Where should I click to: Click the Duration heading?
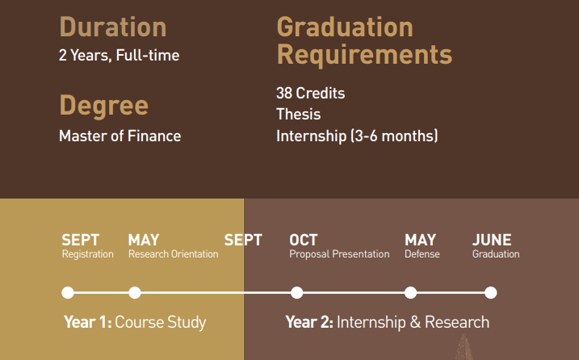click(x=113, y=27)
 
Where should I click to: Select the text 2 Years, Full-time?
click(x=119, y=56)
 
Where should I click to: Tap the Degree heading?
click(x=103, y=106)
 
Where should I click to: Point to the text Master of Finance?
click(x=120, y=136)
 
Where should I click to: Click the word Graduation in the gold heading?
click(x=345, y=27)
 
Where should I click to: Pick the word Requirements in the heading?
click(x=364, y=56)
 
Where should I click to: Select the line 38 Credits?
click(x=311, y=93)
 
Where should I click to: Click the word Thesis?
click(x=298, y=114)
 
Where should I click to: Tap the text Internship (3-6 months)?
click(x=357, y=136)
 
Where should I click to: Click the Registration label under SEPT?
click(x=87, y=254)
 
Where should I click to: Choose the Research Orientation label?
click(x=173, y=254)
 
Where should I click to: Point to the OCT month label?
click(x=303, y=240)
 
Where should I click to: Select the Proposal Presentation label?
click(x=339, y=254)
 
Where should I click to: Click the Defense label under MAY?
click(x=422, y=254)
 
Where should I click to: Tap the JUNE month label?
click(x=492, y=240)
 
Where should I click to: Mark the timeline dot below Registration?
click(x=68, y=293)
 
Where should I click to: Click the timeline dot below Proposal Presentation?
click(x=297, y=293)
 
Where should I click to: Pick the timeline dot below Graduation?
click(x=491, y=293)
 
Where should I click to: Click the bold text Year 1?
click(x=88, y=322)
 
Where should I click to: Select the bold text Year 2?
click(x=309, y=322)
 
